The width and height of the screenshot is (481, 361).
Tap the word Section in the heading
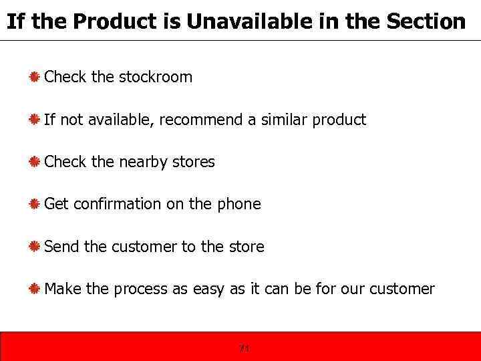[x=425, y=21]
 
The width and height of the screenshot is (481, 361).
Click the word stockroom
[x=156, y=77]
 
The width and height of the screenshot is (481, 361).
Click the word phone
[x=238, y=204]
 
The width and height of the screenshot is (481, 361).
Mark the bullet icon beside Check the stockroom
[x=33, y=77]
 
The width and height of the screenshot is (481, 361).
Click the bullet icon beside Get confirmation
[x=33, y=204]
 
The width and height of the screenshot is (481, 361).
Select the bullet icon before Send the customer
[x=33, y=247]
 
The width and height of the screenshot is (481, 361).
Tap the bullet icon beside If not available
[x=33, y=120]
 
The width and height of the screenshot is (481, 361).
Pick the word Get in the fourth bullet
[x=56, y=204]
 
